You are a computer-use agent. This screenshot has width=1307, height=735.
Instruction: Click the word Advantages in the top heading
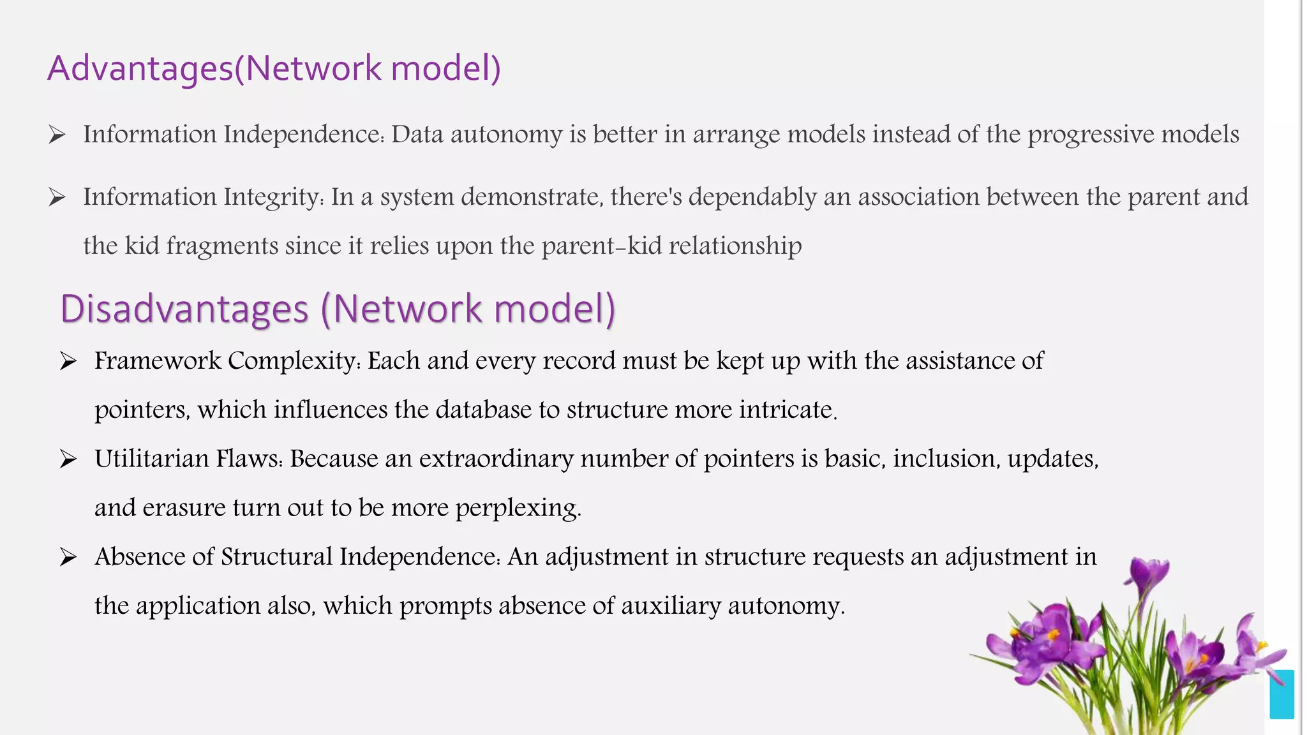140,68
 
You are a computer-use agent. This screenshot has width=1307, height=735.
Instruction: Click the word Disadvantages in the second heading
184,309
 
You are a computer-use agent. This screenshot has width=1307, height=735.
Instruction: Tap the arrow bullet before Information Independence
57,135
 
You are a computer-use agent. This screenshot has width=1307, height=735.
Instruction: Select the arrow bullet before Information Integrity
57,197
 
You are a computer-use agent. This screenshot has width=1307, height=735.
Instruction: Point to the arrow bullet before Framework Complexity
68,361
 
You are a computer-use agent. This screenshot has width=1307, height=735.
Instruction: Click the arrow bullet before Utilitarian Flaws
68,459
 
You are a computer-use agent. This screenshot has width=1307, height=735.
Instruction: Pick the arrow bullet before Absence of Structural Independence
68,557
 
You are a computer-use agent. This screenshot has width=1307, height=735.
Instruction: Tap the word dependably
752,197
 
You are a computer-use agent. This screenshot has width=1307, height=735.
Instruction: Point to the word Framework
158,361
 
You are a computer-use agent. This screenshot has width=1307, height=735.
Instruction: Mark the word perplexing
518,508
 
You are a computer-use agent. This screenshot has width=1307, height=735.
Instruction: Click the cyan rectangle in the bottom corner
1281,694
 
